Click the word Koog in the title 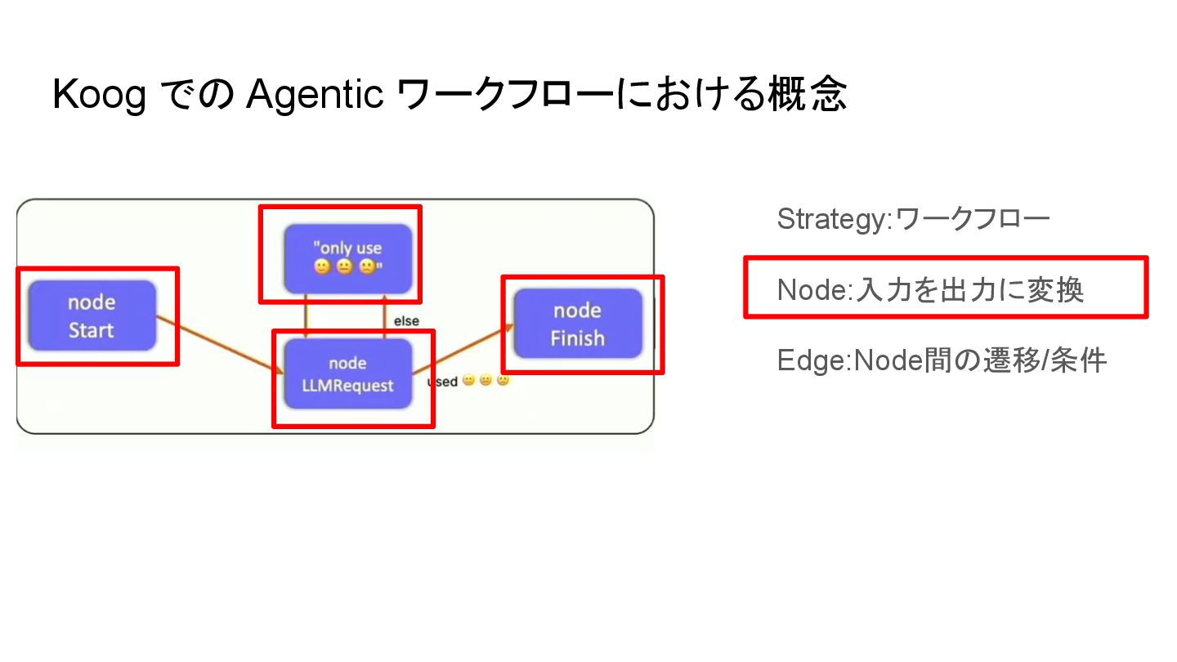pos(99,96)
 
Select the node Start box pos(92,315)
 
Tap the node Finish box pos(578,324)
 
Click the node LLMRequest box pos(347,374)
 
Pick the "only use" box pos(347,257)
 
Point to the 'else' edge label pos(406,321)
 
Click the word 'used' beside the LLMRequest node pos(442,382)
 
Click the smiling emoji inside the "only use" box pos(322,267)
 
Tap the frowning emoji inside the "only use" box pos(367,267)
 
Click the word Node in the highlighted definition pos(810,289)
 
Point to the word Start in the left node pos(92,330)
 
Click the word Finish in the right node pos(578,338)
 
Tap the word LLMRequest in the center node pos(347,386)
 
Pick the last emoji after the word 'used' pos(503,381)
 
